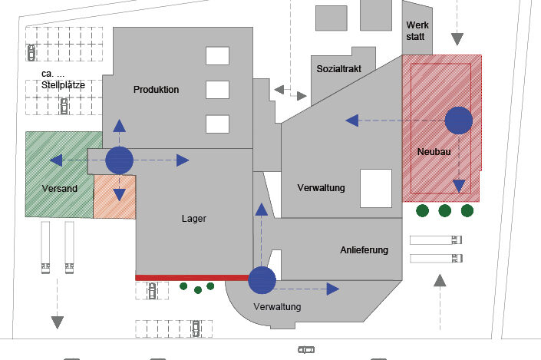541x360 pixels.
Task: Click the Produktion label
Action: coord(156,90)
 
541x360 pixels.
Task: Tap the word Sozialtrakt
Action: coord(342,69)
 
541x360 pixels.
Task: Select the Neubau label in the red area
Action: coord(434,152)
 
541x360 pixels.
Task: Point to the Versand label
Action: coord(59,188)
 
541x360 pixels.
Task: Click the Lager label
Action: coord(194,219)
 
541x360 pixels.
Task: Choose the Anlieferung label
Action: coord(365,250)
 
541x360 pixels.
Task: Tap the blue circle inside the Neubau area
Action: coord(458,120)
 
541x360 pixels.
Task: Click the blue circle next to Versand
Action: coord(119,160)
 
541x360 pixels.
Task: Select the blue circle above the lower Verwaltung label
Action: coord(262,280)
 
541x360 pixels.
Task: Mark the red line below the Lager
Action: coord(192,277)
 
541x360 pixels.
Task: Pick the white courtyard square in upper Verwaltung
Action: coord(376,187)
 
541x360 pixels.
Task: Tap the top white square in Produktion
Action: coord(216,56)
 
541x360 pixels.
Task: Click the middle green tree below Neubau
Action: coord(444,210)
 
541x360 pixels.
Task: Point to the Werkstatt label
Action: coord(418,31)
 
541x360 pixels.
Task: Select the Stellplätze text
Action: coord(64,84)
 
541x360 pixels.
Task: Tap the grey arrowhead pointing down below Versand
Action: coord(57,320)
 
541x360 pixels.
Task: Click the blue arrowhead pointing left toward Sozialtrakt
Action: coord(351,120)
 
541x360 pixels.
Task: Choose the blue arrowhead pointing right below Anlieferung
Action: coord(332,289)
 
